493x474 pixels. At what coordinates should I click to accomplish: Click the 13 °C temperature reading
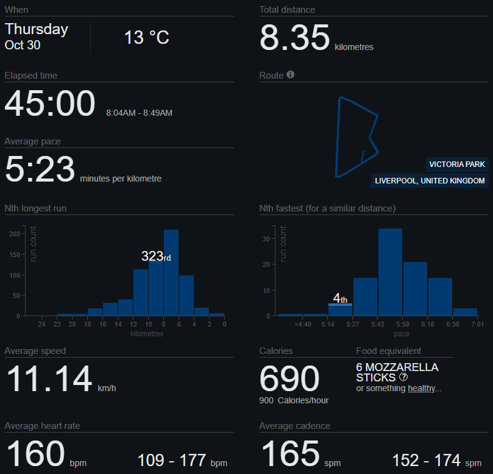147,38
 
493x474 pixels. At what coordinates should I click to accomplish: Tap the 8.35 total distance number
295,38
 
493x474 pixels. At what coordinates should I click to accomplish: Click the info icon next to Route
291,75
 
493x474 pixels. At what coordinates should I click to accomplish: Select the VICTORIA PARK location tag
457,164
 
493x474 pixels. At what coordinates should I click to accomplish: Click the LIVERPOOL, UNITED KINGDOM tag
430,181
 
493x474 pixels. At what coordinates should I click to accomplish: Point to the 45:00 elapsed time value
50,104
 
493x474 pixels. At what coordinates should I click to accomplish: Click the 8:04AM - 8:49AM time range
139,113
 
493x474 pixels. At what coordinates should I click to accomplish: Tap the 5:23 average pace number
40,169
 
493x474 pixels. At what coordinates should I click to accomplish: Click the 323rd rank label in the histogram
156,256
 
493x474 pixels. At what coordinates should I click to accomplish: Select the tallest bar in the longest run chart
171,272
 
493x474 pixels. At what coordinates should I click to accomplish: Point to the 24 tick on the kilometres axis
41,324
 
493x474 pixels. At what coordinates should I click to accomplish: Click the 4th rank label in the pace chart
340,299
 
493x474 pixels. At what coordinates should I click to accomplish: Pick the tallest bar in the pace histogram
390,272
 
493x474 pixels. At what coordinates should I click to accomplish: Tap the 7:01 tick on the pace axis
478,324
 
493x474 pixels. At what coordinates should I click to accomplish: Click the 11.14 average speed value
49,379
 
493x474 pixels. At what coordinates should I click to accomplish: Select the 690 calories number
289,379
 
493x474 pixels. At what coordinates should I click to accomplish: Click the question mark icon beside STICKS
403,377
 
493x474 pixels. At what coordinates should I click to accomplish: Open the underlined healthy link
421,388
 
